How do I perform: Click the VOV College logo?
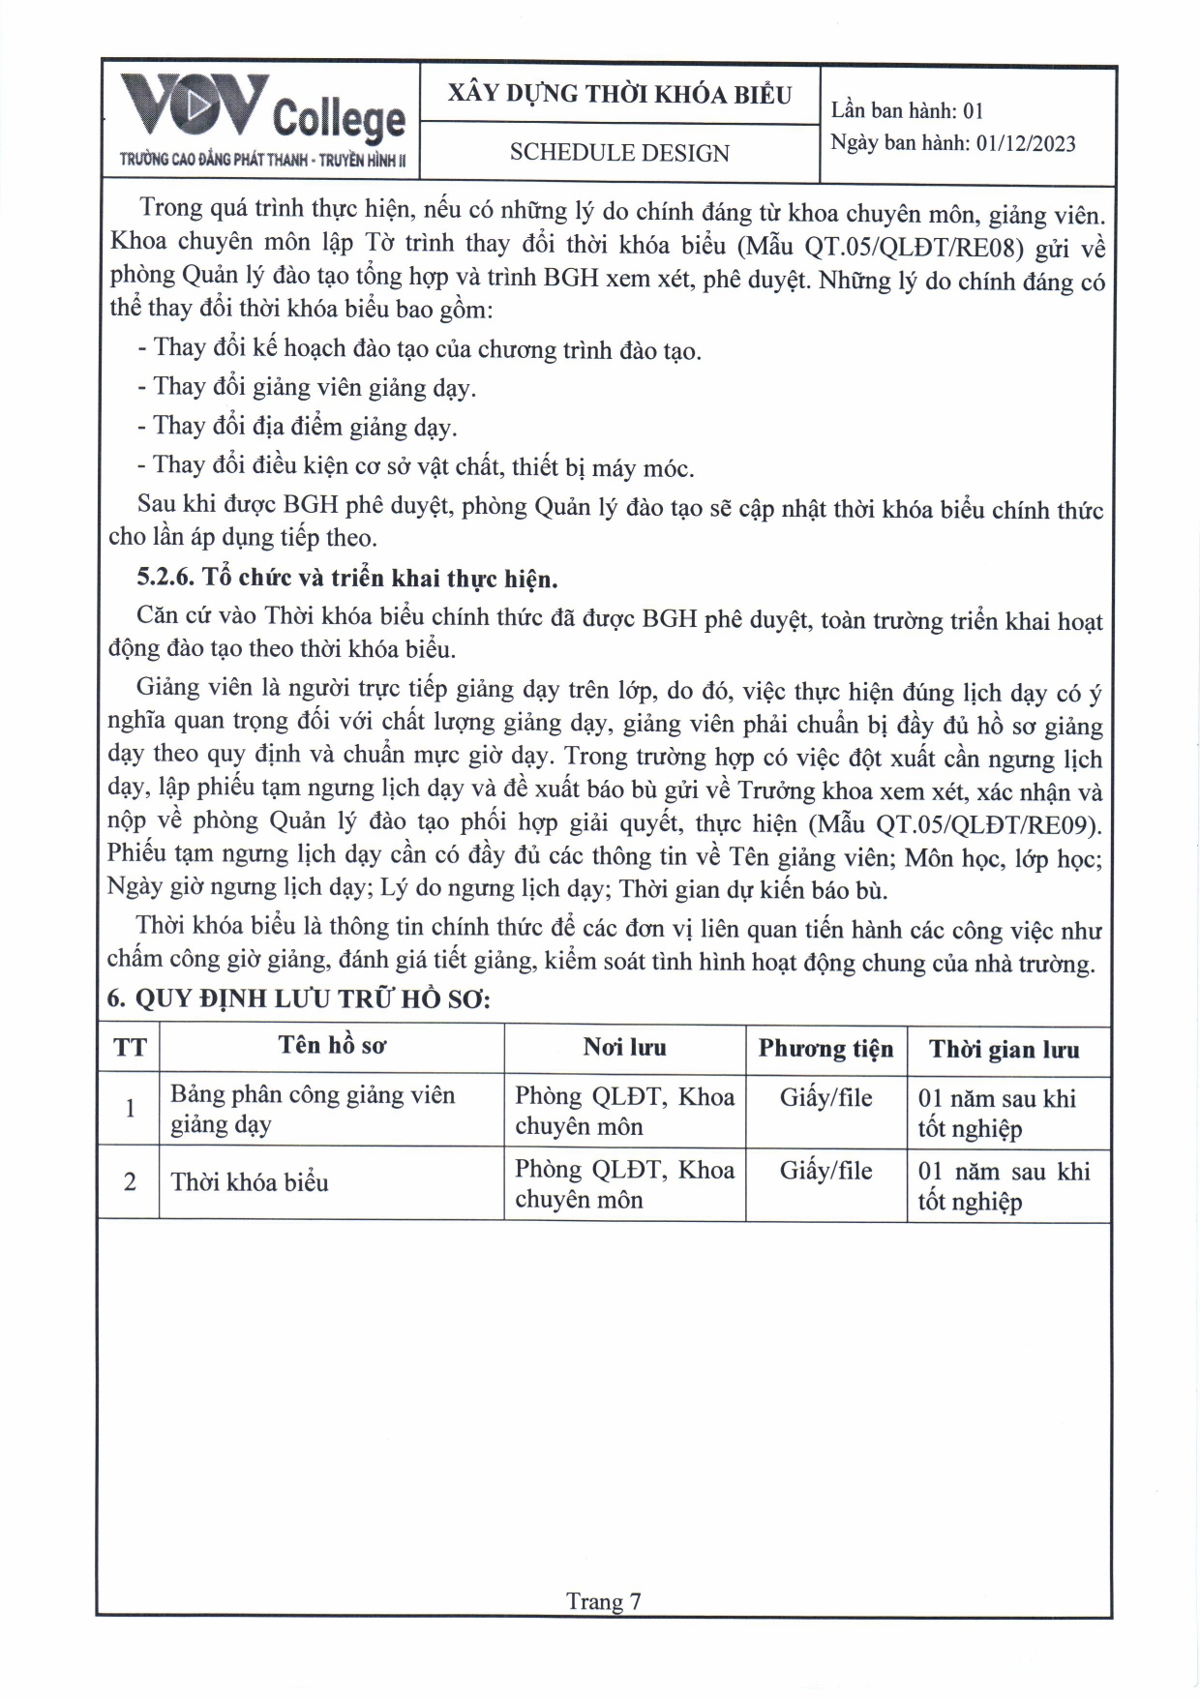[x=261, y=122]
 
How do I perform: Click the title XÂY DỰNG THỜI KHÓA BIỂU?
[x=619, y=94]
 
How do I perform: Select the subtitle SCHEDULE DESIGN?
[x=619, y=153]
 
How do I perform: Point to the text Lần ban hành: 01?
[x=907, y=110]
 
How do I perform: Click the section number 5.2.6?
[x=165, y=579]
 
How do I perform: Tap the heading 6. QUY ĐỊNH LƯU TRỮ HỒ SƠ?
[x=299, y=998]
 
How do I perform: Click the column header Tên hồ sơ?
[x=332, y=1046]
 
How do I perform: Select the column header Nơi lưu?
[x=624, y=1047]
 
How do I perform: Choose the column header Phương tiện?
[x=825, y=1049]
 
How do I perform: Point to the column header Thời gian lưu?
[x=1004, y=1050]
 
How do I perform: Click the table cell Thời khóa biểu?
[x=250, y=1182]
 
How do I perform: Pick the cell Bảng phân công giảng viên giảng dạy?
[x=313, y=1109]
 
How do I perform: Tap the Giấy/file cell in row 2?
[x=825, y=1172]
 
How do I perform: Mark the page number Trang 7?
[x=603, y=1601]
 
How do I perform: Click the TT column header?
[x=130, y=1048]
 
